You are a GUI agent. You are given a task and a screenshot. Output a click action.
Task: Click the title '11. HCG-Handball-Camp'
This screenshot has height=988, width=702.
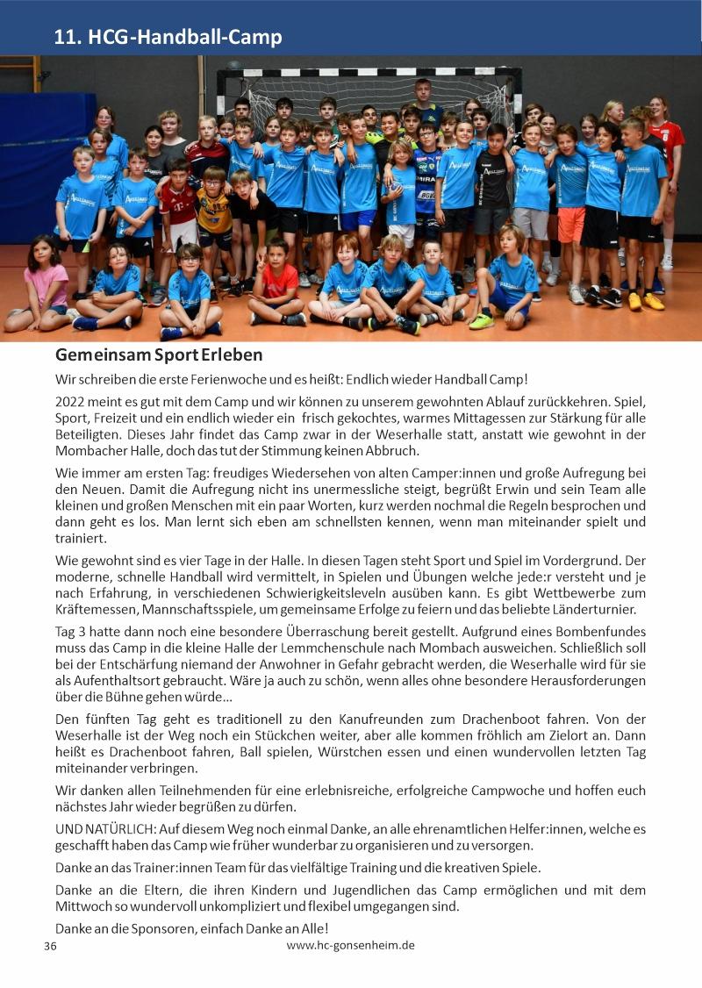coord(168,37)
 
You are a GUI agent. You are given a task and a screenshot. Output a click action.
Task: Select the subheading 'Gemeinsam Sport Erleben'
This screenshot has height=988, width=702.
coord(159,355)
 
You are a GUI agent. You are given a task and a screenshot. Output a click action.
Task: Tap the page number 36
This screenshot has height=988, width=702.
coord(50,947)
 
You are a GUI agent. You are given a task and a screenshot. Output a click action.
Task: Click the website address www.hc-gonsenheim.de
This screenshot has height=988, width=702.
coord(350,945)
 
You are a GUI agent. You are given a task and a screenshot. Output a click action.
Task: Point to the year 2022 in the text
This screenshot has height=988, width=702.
coord(71,401)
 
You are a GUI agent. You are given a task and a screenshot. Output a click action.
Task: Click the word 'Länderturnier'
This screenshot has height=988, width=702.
coord(594,609)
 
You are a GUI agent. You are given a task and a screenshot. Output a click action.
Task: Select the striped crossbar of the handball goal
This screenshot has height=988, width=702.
coord(369,71)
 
